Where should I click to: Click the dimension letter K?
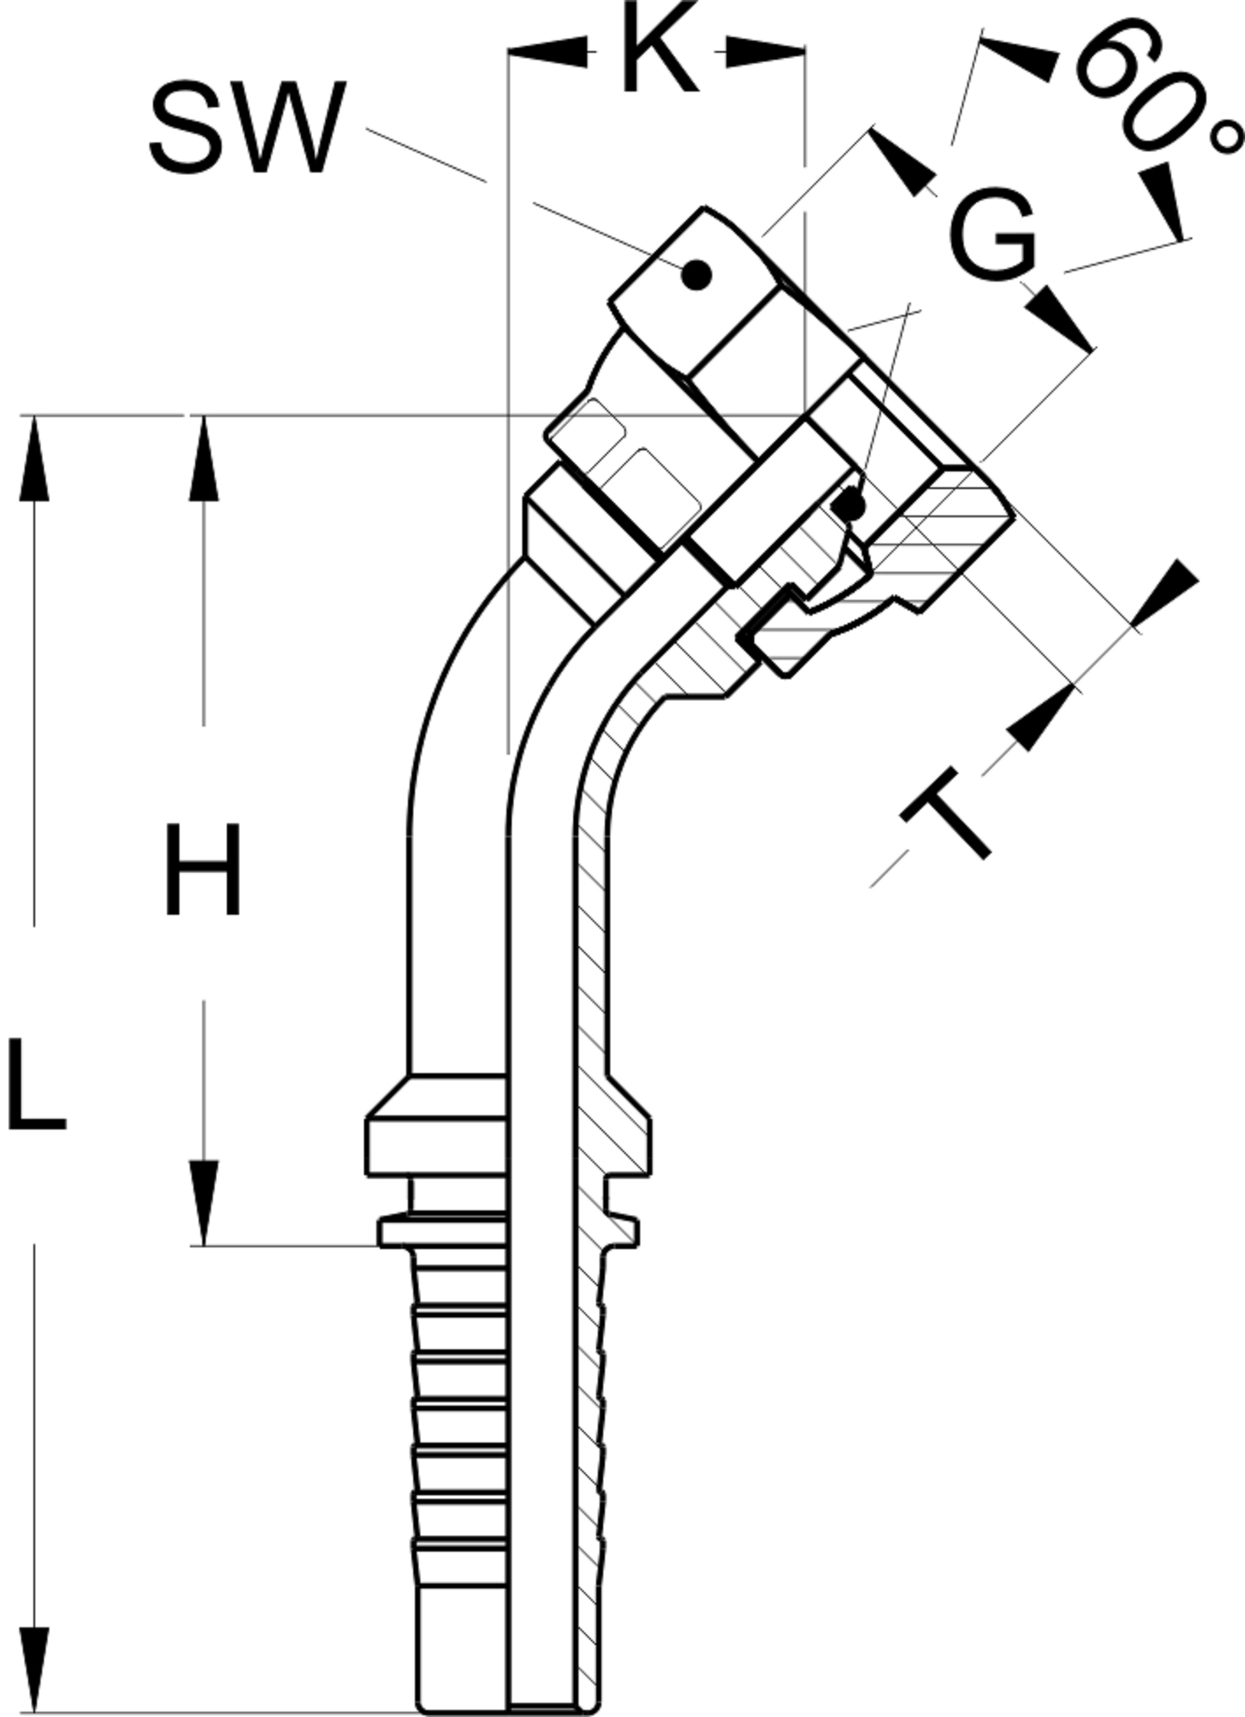(x=659, y=49)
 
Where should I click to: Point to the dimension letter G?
(x=993, y=234)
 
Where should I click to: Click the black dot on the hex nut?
(x=696, y=275)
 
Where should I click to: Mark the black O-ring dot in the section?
(x=849, y=506)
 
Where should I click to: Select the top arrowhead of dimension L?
(x=34, y=457)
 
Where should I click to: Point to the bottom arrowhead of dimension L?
(x=34, y=1670)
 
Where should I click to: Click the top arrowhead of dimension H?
(x=204, y=457)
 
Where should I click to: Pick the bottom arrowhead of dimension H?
(x=204, y=1203)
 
